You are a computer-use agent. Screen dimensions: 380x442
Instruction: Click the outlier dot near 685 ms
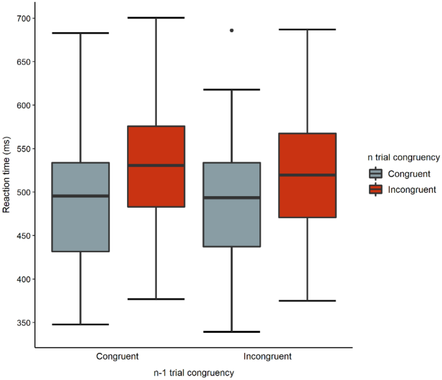click(232, 30)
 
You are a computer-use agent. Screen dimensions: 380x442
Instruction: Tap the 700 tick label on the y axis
click(23, 19)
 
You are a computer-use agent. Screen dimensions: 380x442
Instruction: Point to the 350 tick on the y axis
click(23, 323)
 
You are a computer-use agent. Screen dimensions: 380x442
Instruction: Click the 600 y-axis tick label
click(23, 105)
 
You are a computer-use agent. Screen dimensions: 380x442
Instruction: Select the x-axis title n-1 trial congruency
click(193, 373)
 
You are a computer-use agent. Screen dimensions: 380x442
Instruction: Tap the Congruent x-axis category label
click(117, 356)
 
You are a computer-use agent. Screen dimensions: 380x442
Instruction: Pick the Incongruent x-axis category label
click(268, 356)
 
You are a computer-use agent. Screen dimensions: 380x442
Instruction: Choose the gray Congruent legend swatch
click(376, 174)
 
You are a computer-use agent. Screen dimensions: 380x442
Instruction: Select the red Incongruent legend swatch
click(376, 190)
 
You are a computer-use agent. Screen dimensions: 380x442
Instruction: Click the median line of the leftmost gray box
click(81, 195)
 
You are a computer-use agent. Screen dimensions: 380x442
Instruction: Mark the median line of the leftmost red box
click(156, 165)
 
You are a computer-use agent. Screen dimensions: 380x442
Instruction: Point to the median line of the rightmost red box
click(307, 175)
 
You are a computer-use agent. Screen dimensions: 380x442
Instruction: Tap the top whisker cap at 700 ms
click(156, 17)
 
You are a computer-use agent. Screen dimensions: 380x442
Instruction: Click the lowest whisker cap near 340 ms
click(232, 332)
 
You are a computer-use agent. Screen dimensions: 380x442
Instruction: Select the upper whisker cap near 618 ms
click(232, 90)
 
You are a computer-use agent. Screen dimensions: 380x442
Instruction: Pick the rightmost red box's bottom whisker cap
click(307, 301)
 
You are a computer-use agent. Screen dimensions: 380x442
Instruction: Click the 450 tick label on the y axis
click(23, 235)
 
